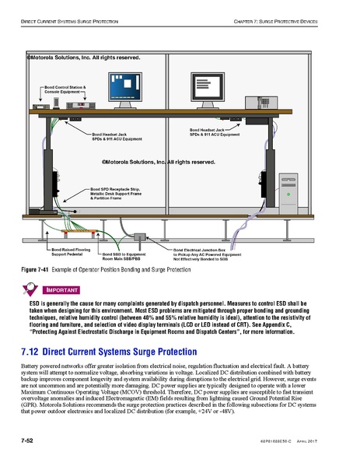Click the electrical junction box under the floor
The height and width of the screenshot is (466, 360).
(x=141, y=235)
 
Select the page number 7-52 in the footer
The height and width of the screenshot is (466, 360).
(x=31, y=440)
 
